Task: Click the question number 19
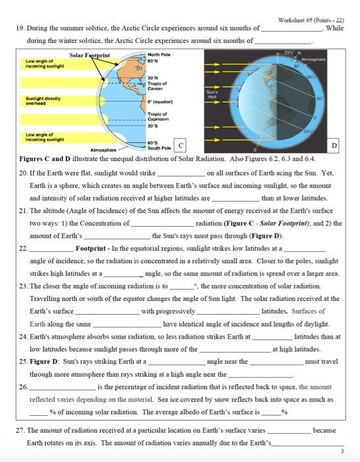point(18,29)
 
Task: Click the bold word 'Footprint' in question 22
point(90,249)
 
